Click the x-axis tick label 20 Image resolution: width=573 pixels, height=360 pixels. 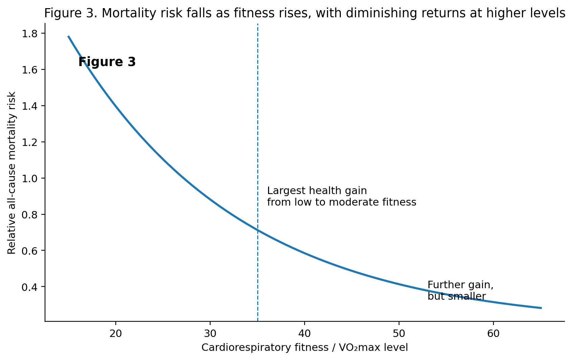pos(116,334)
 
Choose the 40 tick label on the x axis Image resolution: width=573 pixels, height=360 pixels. pos(304,334)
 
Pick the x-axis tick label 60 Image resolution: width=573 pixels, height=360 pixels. pos(493,334)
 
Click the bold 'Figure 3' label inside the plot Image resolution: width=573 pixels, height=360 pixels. pos(107,62)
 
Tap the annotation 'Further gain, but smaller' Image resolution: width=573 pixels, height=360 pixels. pos(460,291)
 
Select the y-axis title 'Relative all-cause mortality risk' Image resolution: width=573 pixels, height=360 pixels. pos(12,173)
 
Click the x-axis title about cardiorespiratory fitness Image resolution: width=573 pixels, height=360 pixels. pos(304,348)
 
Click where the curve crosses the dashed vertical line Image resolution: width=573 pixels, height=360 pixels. pos(258,230)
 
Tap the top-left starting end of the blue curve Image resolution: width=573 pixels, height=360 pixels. pos(69,36)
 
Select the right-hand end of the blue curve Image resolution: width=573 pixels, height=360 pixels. pos(541,308)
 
